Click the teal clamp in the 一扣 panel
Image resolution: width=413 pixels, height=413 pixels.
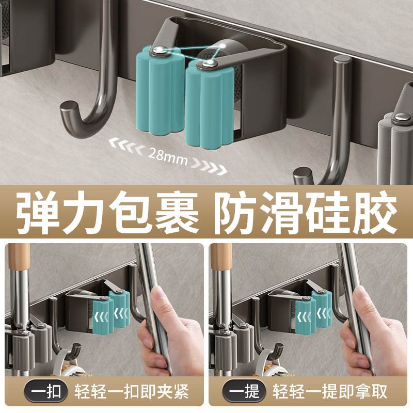coord(110,310)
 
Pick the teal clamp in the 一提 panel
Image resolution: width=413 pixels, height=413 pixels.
coord(313,310)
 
